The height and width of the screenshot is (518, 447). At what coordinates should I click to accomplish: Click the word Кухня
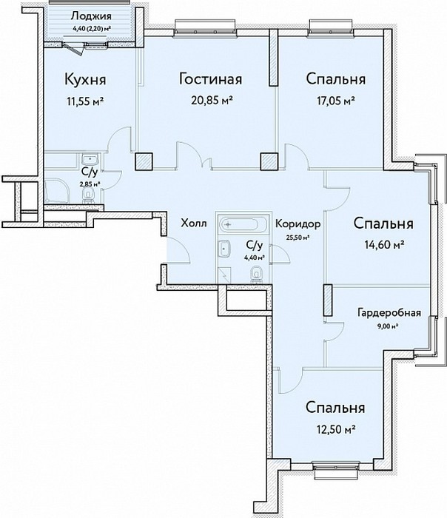point(85,80)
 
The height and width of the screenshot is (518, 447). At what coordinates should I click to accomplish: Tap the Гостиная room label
point(210,79)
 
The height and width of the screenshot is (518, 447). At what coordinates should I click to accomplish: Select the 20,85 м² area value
point(210,100)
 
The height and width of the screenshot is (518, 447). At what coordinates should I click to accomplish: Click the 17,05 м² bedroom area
point(336,100)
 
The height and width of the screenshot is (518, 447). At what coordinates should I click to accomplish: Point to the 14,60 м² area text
point(384,245)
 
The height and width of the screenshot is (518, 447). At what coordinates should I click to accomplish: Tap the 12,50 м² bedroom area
point(335,429)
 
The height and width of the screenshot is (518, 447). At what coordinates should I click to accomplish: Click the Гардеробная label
point(389,312)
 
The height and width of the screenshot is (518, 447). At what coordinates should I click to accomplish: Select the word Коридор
point(298,224)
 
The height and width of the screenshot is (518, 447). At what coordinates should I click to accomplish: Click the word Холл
point(194,223)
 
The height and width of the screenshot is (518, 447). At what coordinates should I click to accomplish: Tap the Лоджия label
point(91,16)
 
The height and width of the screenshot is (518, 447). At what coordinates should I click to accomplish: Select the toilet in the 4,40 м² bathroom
point(256,275)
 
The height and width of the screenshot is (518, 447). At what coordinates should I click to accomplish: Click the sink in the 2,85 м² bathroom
point(90,161)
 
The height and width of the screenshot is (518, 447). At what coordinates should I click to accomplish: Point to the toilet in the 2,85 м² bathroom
point(88,196)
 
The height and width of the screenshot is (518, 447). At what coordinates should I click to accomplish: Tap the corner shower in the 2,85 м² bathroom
point(56,192)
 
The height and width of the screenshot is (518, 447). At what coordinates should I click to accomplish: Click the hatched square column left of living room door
point(144,161)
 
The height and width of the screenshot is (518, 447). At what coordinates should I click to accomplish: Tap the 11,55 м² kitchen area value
point(85,101)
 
